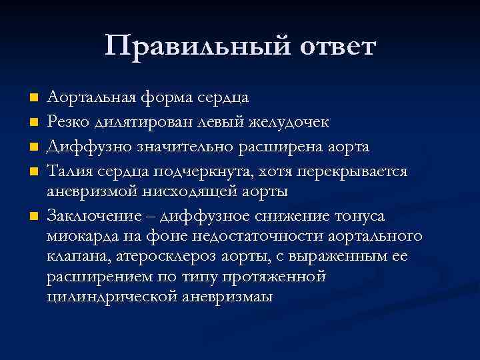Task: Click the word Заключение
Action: pyautogui.click(x=90, y=216)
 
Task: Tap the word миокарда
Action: pyautogui.click(x=79, y=237)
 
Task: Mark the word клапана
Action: pyautogui.click(x=75, y=257)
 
